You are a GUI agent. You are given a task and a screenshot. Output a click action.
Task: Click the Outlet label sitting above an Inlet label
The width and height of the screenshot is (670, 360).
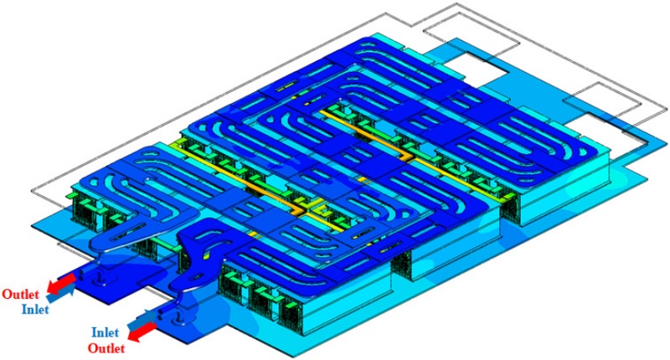pos(20,294)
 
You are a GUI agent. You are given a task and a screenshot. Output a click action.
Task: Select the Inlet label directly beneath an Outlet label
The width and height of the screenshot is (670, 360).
pos(35,308)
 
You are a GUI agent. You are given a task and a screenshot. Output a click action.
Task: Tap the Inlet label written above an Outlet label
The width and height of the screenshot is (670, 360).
pos(105,332)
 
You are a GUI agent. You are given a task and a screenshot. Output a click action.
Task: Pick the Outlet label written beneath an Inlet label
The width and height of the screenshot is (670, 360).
pos(106,348)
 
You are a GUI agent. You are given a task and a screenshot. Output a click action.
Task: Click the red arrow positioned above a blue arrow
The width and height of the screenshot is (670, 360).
pos(61,283)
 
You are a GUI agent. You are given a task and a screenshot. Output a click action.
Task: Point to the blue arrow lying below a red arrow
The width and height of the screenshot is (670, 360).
pos(60,294)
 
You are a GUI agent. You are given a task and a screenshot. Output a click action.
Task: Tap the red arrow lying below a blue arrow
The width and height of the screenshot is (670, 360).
pos(142,332)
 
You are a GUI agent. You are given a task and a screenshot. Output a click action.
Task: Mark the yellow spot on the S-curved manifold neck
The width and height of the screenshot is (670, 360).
pos(207,257)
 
